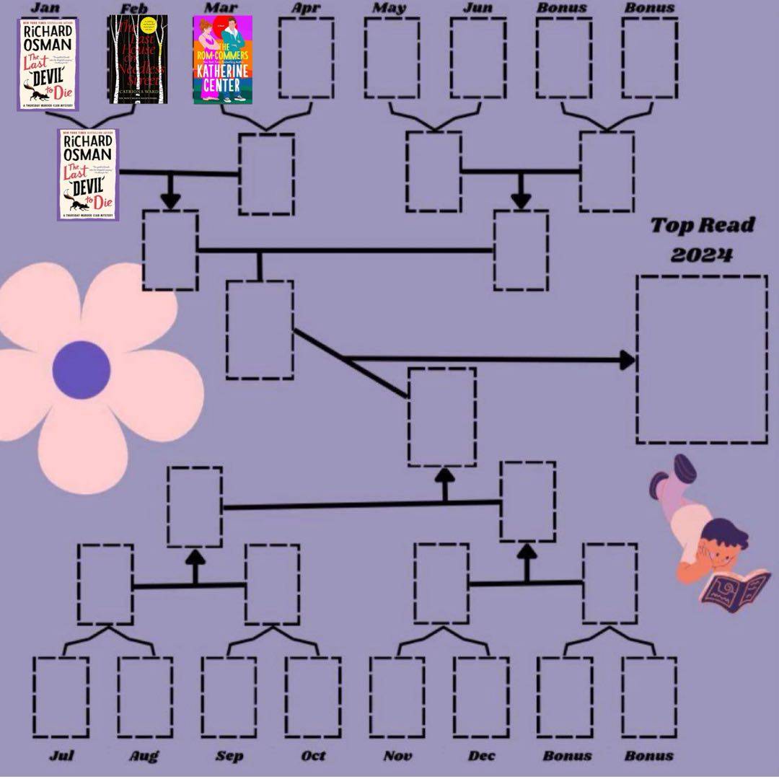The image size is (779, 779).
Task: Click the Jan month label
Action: point(45,8)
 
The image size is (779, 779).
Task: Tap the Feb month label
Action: point(134,8)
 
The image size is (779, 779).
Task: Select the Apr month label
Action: point(305,8)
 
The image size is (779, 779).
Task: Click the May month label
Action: point(389,8)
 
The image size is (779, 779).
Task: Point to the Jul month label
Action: point(61,756)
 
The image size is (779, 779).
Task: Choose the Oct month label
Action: point(313,756)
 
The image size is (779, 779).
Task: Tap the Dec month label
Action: point(481,756)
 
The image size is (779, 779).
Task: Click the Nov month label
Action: point(397,756)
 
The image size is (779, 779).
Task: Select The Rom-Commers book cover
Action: point(222,61)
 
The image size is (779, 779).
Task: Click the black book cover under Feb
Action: point(137,59)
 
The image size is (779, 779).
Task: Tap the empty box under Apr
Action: point(307,58)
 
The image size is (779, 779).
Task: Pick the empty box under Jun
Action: point(477,58)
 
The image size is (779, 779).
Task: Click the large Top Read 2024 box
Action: point(701,359)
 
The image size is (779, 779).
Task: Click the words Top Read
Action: point(703,226)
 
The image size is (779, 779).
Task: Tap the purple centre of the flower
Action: point(82,370)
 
